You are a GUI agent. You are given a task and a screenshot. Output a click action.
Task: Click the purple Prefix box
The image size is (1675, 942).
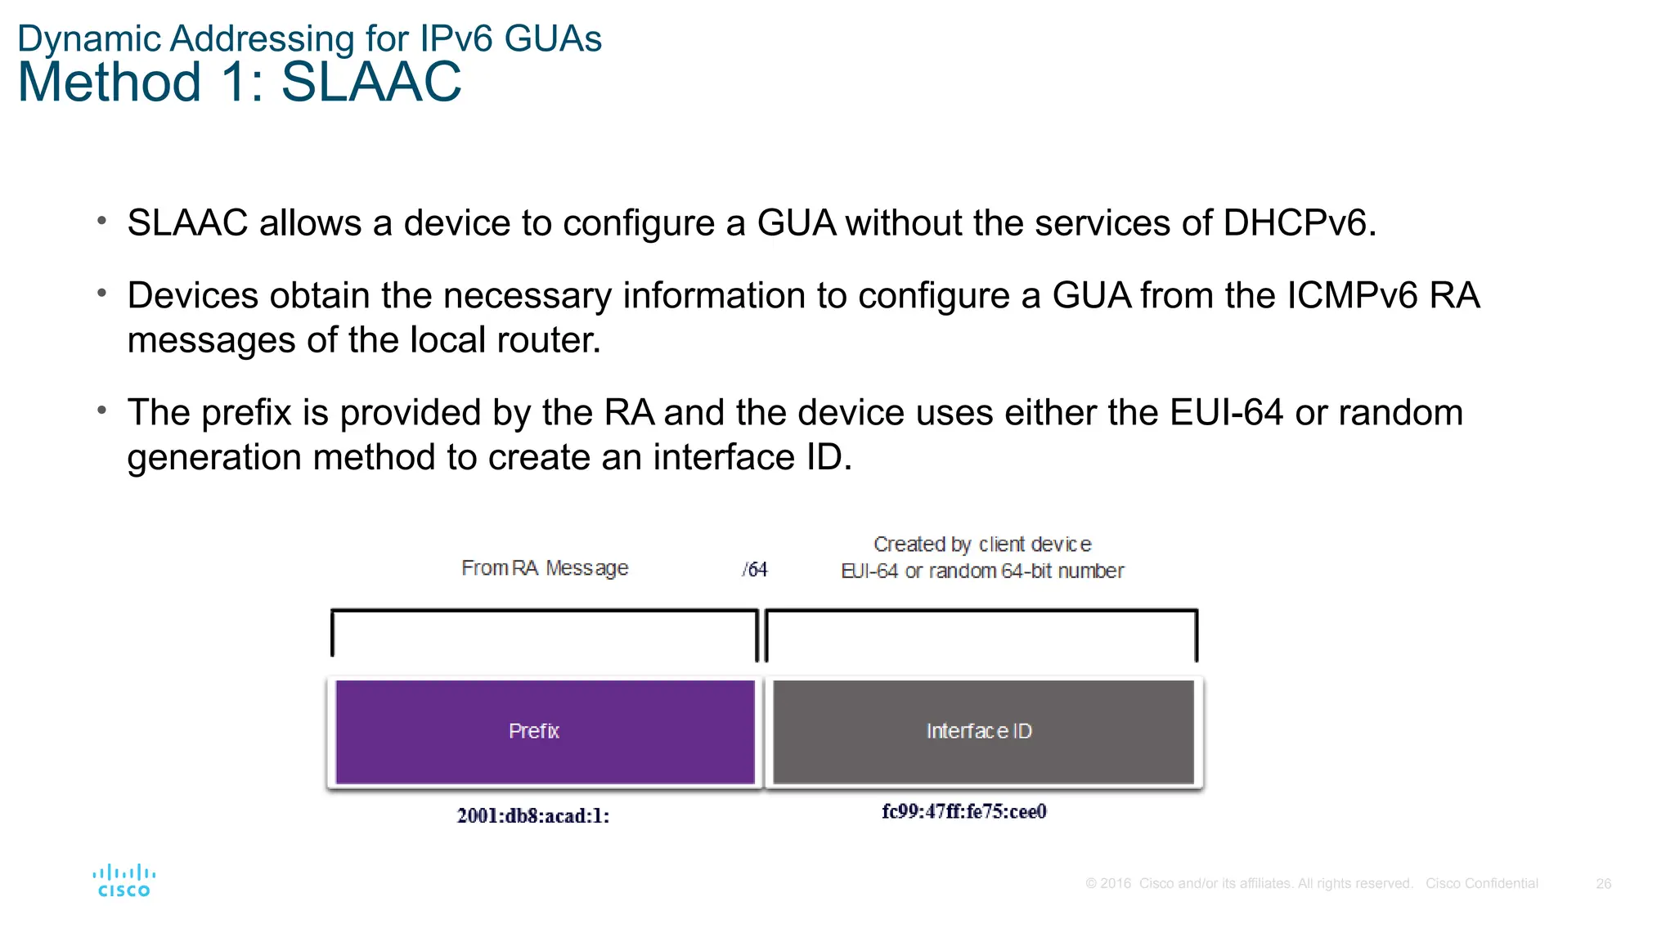(x=545, y=731)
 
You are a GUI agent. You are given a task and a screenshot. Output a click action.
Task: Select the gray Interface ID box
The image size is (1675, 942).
(x=982, y=731)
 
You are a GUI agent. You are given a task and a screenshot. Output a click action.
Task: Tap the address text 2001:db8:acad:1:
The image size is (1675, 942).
(x=532, y=815)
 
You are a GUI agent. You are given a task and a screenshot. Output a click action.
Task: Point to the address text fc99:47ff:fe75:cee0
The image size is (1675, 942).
(x=963, y=811)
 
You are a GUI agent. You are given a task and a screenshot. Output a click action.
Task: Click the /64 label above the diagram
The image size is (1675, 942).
(x=755, y=569)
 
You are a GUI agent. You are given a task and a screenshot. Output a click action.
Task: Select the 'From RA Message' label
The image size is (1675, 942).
(x=545, y=567)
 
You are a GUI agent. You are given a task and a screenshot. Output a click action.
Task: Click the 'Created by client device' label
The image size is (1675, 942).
(x=982, y=544)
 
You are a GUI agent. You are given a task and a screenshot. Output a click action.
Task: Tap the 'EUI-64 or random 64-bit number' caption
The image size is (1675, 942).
(x=982, y=571)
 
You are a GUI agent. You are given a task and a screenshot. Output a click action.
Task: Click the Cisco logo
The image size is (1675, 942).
(x=124, y=881)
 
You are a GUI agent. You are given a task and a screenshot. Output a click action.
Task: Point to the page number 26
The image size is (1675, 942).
(x=1603, y=883)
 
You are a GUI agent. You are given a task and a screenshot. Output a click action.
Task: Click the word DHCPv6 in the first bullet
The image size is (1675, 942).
(x=1299, y=222)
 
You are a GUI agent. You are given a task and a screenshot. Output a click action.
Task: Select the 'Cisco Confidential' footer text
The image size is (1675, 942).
(x=1481, y=883)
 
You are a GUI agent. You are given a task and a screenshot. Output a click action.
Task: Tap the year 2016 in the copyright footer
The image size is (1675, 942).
(x=1116, y=883)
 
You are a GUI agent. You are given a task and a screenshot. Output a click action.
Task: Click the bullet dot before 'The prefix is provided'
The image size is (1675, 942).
(x=101, y=410)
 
